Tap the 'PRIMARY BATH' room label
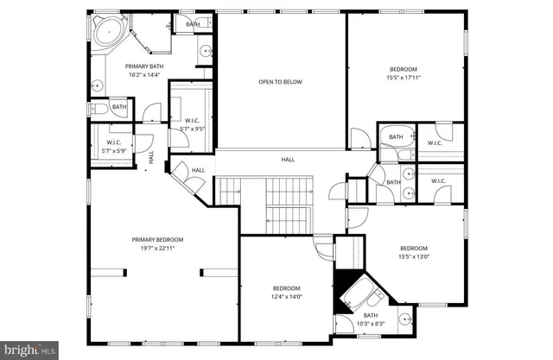click(143, 66)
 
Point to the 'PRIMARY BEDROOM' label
click(157, 240)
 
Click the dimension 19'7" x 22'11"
click(157, 249)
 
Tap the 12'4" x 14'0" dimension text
click(287, 297)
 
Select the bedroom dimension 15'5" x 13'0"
click(413, 256)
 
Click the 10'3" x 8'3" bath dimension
click(370, 324)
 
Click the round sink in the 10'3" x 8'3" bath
click(404, 319)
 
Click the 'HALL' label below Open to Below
click(288, 160)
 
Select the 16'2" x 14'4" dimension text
click(143, 75)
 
